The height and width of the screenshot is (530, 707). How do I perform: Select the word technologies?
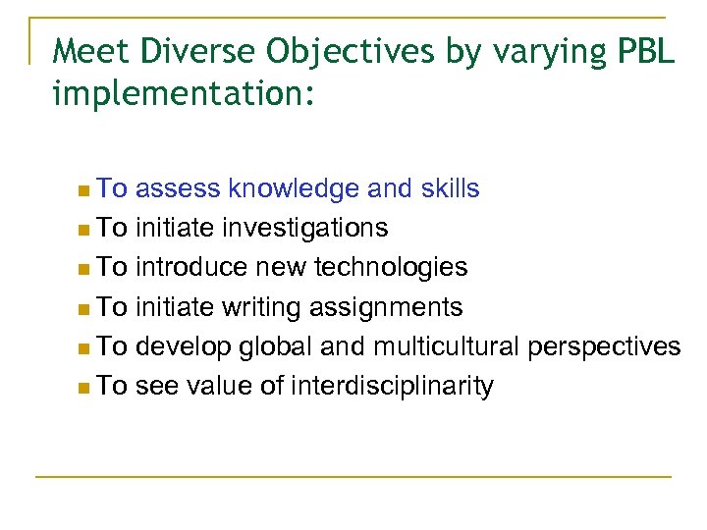pos(398,268)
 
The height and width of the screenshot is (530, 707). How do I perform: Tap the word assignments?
pos(386,308)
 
